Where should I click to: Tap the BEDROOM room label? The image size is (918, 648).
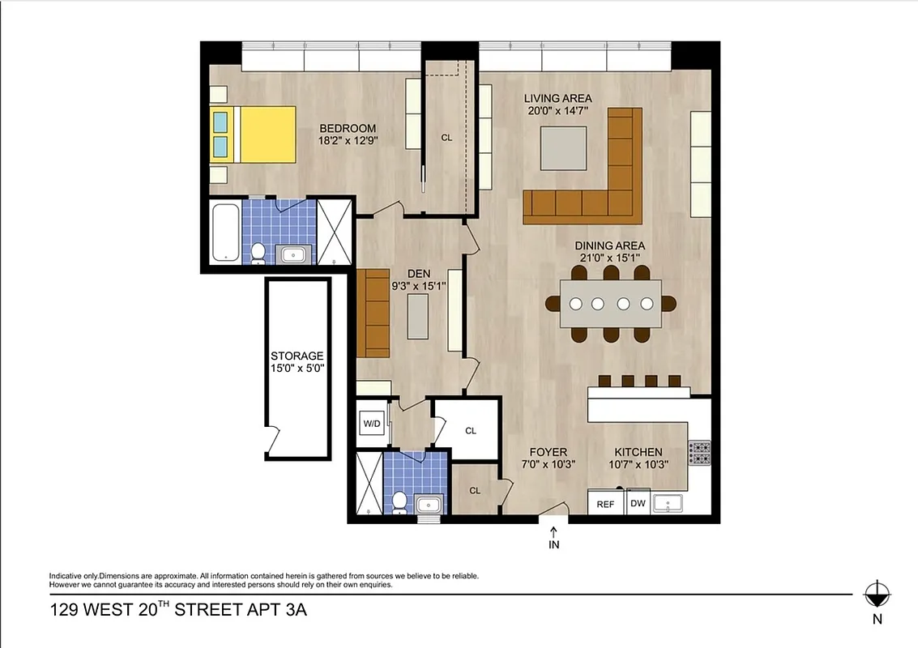pos(348,128)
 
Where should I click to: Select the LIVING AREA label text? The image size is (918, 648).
pos(557,99)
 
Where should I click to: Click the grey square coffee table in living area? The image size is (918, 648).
pos(560,150)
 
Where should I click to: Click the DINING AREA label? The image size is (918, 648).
pos(609,245)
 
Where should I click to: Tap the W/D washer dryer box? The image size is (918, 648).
pos(372,424)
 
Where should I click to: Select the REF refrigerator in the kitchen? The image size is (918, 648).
pos(605,503)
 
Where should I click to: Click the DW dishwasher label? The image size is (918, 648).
pos(638,503)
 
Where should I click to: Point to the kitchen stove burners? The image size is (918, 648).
pos(698,453)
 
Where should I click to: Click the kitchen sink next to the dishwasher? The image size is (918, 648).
pos(669,503)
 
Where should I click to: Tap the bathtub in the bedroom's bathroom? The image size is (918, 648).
pos(224,232)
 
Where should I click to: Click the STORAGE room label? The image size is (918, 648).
pos(297,356)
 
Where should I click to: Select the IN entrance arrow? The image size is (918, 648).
pos(554,537)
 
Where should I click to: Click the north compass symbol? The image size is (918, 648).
pos(877,595)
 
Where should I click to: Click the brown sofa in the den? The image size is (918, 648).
pos(374,313)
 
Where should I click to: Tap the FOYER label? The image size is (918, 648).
pos(549,452)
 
